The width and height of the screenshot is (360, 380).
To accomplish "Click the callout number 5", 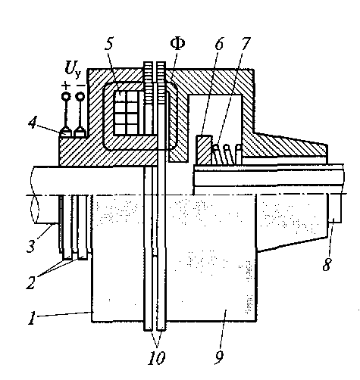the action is (109, 44).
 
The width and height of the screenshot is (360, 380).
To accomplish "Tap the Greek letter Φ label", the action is (177, 44).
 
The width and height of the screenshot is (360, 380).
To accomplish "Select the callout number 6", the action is (219, 44).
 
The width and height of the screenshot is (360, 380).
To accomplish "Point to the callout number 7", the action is (246, 44).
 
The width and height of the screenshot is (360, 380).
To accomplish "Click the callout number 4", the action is (33, 122).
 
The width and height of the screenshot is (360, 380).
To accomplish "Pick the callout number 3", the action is (31, 245).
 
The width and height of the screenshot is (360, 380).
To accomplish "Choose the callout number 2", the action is (31, 282).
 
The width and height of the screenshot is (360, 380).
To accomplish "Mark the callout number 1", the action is (32, 317).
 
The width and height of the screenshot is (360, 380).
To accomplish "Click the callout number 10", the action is (157, 357).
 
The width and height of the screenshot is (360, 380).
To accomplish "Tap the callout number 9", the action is (220, 357).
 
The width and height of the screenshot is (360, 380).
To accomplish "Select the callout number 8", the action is (327, 264).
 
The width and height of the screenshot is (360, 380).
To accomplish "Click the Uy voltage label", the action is (73, 68).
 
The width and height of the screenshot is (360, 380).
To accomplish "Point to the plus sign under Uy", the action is (66, 86).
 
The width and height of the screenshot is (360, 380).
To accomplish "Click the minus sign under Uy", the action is (81, 86).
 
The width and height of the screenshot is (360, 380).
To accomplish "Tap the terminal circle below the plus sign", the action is (66, 96).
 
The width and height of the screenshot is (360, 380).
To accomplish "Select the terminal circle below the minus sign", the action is (80, 96).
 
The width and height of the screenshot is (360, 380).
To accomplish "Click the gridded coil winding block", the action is (126, 113).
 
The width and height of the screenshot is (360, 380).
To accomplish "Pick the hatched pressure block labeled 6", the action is (204, 150).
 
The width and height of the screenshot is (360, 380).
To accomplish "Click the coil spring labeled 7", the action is (226, 154).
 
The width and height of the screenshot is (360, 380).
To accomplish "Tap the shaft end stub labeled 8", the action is (336, 208).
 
